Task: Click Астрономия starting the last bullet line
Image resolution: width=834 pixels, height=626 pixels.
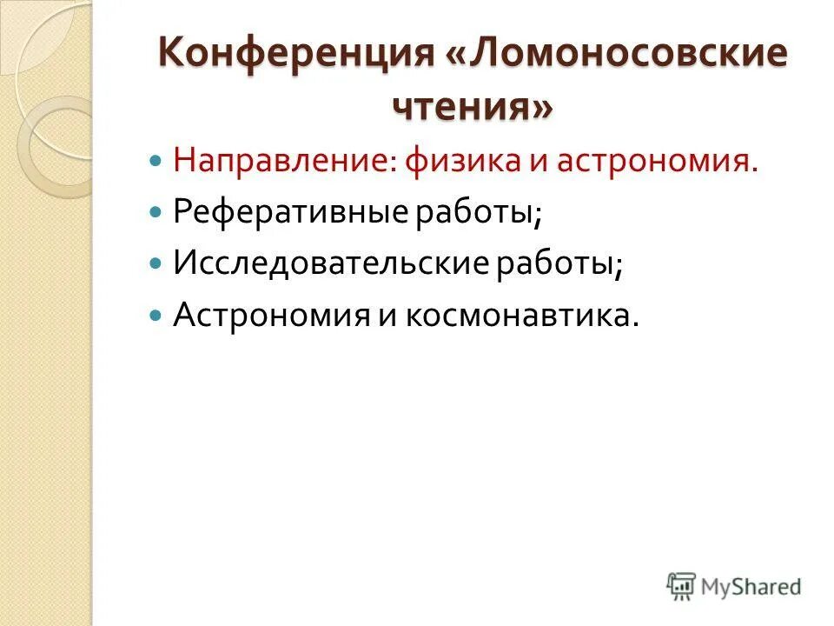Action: [272, 314]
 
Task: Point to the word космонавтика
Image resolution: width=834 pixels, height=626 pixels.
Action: [518, 314]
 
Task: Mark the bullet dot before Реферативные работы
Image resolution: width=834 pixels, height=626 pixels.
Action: [156, 213]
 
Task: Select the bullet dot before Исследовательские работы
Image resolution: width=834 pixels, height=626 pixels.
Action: [156, 263]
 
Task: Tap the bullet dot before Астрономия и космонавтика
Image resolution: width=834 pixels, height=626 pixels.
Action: [156, 314]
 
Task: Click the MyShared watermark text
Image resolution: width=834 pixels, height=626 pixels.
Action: [751, 586]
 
